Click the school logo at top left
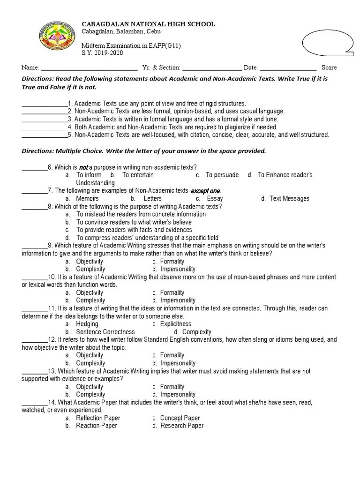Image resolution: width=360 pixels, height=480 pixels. pyautogui.click(x=57, y=37)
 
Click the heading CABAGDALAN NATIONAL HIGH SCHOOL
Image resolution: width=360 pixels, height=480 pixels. pyautogui.click(x=149, y=24)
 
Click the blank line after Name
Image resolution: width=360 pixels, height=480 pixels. pyautogui.click(x=90, y=68)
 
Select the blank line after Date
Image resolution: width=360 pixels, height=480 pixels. pyautogui.click(x=288, y=68)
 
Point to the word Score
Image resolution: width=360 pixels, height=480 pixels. pyautogui.click(x=329, y=67)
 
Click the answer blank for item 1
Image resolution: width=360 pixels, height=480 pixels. pyautogui.click(x=45, y=104)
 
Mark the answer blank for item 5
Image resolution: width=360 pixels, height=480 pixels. pyautogui.click(x=45, y=135)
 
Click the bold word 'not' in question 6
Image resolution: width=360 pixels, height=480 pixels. pyautogui.click(x=83, y=167)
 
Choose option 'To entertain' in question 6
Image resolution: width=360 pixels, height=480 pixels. pyautogui.click(x=138, y=175)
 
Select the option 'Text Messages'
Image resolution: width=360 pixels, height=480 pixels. pyautogui.click(x=289, y=199)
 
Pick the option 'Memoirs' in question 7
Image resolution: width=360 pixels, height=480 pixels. pyautogui.click(x=87, y=199)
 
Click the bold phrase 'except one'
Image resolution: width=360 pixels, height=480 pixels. pyautogui.click(x=205, y=191)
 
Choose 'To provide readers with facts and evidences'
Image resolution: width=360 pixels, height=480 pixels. pyautogui.click(x=134, y=230)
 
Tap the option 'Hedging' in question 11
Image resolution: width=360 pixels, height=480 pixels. pyautogui.click(x=87, y=324)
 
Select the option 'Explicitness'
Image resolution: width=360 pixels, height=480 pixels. pyautogui.click(x=175, y=324)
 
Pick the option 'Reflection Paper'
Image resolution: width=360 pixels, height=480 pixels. pyautogui.click(x=98, y=418)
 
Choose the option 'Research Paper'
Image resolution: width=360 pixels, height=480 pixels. pyautogui.click(x=182, y=426)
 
